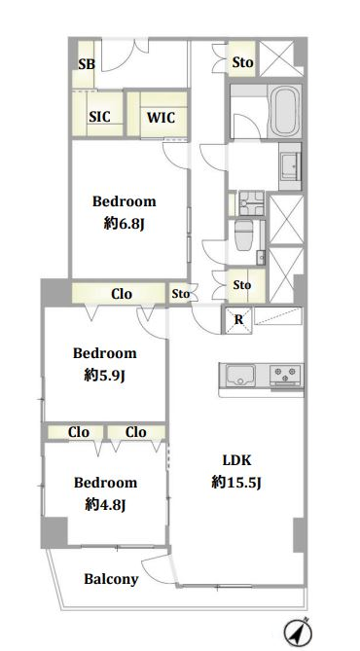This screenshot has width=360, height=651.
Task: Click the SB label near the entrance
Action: click(x=87, y=64)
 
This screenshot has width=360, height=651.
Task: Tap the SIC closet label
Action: click(x=100, y=117)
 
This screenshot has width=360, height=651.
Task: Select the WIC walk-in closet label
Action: click(x=161, y=118)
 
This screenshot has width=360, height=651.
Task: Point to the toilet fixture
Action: click(x=244, y=235)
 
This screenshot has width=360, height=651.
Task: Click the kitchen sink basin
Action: click(x=240, y=375)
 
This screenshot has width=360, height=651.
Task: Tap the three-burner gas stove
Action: click(x=285, y=375)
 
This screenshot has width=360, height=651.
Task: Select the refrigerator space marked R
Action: click(x=238, y=320)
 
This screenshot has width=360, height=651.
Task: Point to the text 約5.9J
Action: click(x=105, y=376)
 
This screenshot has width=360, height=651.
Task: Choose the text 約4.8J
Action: click(x=105, y=505)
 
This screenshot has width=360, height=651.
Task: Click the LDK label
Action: click(x=236, y=460)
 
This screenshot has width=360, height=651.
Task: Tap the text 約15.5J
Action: click(x=236, y=483)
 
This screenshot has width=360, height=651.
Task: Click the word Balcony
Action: click(x=111, y=579)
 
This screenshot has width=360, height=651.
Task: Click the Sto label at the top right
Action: click(x=242, y=62)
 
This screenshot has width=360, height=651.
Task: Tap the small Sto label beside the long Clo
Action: click(x=181, y=294)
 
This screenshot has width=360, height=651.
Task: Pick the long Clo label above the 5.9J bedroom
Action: click(x=122, y=294)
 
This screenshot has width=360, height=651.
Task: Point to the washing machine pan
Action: click(x=252, y=202)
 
